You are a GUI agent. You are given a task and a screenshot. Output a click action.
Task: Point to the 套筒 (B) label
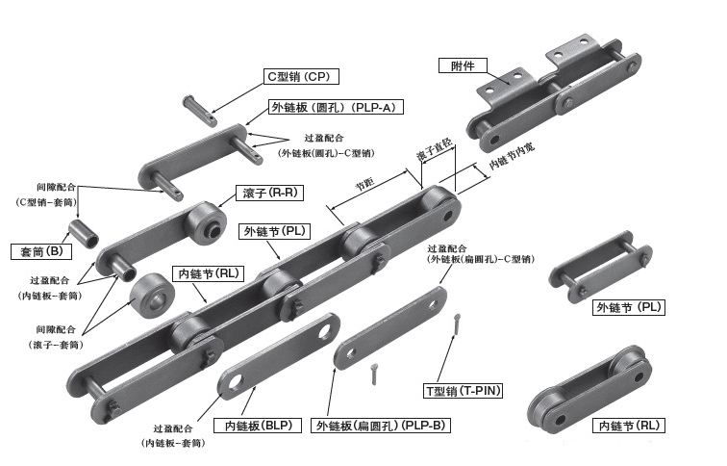(x=41, y=252)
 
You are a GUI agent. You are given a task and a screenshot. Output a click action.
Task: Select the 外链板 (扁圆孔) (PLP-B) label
(x=378, y=425)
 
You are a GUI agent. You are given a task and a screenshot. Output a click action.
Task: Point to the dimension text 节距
(x=364, y=183)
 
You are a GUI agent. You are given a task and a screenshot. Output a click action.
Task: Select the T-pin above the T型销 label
(x=454, y=327)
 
